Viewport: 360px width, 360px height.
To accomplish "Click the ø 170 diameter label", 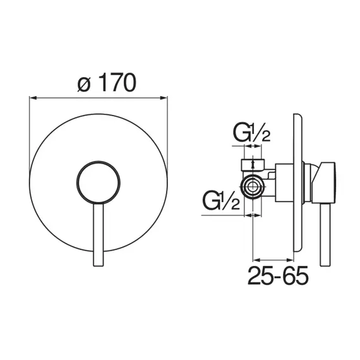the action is coord(107,83).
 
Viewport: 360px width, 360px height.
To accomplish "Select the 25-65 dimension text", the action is coord(278,275).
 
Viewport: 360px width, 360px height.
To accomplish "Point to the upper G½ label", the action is coord(251,133).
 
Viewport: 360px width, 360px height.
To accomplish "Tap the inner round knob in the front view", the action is coord(99,183).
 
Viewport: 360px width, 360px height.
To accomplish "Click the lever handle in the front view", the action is coord(99,235).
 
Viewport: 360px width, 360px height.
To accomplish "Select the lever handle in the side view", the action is coord(325,235).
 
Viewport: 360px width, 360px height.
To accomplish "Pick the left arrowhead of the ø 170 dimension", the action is coord(33,98).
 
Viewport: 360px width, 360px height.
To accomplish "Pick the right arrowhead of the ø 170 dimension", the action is coord(164,98).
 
